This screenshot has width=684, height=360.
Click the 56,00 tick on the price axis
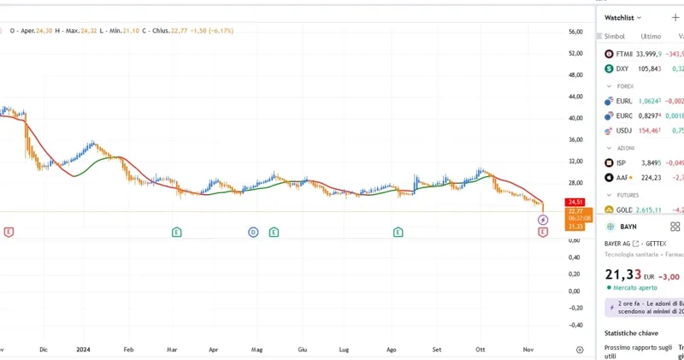coord(575,32)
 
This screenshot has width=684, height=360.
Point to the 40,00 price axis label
coord(575,118)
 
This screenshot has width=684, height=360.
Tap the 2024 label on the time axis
coord(84,350)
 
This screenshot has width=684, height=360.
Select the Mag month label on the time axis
coord(256,350)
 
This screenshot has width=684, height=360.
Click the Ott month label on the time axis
coord(481,350)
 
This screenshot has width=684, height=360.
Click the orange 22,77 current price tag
coord(575,210)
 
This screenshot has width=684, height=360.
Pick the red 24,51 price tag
coord(575,202)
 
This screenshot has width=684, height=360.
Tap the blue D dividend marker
coord(253,232)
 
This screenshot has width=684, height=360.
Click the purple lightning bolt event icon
coord(543,221)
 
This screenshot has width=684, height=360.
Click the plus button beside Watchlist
coord(675,17)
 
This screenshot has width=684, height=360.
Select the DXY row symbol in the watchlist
coord(622,68)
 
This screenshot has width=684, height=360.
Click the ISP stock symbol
coord(621,162)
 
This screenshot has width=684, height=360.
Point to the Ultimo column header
coord(651,37)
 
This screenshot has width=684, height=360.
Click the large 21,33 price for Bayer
coord(622,274)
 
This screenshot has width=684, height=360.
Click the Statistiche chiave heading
coord(631,333)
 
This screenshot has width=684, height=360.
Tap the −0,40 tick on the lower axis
coord(575,325)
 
